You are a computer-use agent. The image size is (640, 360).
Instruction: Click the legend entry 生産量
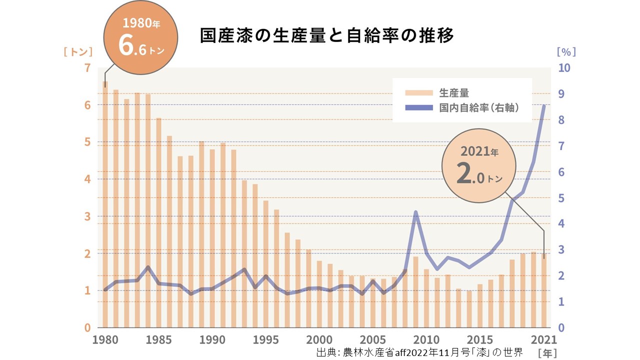coord(454,92)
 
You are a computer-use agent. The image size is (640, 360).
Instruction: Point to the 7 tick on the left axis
coord(87,68)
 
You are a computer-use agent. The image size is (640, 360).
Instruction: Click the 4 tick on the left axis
coord(87,179)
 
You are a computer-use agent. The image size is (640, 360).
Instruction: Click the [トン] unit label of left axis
coord(78,51)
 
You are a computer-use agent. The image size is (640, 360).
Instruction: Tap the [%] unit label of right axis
coord(566,51)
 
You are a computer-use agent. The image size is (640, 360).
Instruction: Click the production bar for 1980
coord(105,205)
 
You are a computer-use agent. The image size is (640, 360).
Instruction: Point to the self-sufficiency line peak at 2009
coord(415,212)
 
